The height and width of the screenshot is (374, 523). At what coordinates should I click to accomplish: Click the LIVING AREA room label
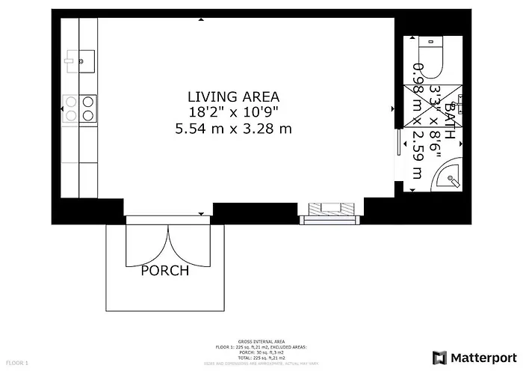tap(233, 96)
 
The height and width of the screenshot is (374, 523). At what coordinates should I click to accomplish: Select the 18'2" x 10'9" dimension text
tap(233, 112)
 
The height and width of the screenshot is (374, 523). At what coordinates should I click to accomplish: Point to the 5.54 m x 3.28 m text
tap(233, 129)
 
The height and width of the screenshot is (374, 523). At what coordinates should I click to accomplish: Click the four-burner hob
tap(79, 108)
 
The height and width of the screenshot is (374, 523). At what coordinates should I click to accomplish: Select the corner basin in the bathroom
tap(451, 177)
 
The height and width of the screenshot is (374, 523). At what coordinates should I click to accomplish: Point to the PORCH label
tap(165, 271)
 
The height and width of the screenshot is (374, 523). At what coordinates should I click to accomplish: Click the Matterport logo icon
tap(439, 357)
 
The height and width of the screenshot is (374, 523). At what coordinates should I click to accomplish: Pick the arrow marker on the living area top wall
tap(201, 21)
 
